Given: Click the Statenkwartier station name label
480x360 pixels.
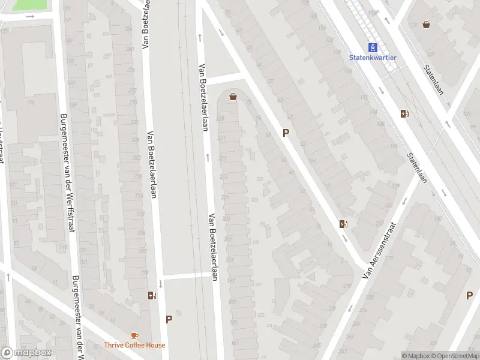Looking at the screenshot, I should tap(373, 58).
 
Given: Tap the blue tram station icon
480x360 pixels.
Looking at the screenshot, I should tap(373, 47).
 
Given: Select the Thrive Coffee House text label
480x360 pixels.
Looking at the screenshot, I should tap(134, 345).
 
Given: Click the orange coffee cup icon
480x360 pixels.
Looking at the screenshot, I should tap(134, 336).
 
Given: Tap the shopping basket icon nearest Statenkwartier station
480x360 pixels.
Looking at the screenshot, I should tap(426, 25).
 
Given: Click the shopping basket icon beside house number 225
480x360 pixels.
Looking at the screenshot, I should tap(233, 96).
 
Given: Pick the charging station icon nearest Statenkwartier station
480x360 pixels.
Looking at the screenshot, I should tap(405, 113).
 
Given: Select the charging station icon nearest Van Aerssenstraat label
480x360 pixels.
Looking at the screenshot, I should tap(344, 224).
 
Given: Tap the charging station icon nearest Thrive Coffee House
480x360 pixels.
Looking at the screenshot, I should tap(152, 295).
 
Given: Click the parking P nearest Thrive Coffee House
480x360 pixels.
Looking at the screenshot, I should tap(169, 320).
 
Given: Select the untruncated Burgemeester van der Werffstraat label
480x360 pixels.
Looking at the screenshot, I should tap(65, 174).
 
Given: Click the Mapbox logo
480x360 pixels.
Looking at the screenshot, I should tap(26, 353).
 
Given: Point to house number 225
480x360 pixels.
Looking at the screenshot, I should tap(220, 118).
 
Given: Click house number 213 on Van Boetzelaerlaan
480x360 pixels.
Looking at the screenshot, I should tap(224, 177).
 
